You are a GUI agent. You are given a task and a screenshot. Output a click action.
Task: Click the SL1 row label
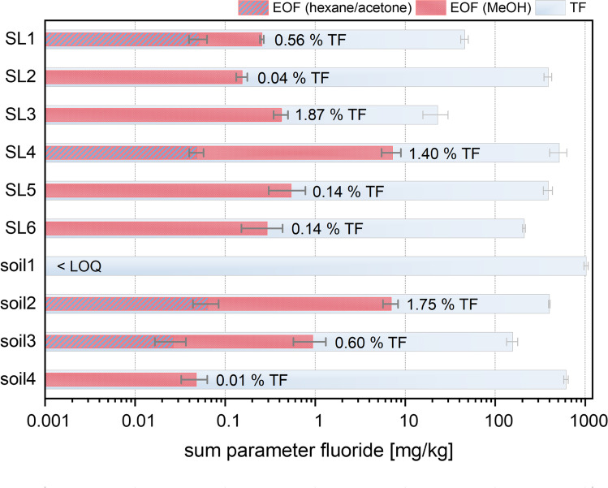point(20,39)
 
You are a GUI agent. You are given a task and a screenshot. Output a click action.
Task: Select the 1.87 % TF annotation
point(331,115)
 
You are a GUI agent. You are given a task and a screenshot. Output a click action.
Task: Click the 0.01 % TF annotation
point(252,380)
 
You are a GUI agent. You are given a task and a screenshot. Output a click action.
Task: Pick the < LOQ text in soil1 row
point(79,266)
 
